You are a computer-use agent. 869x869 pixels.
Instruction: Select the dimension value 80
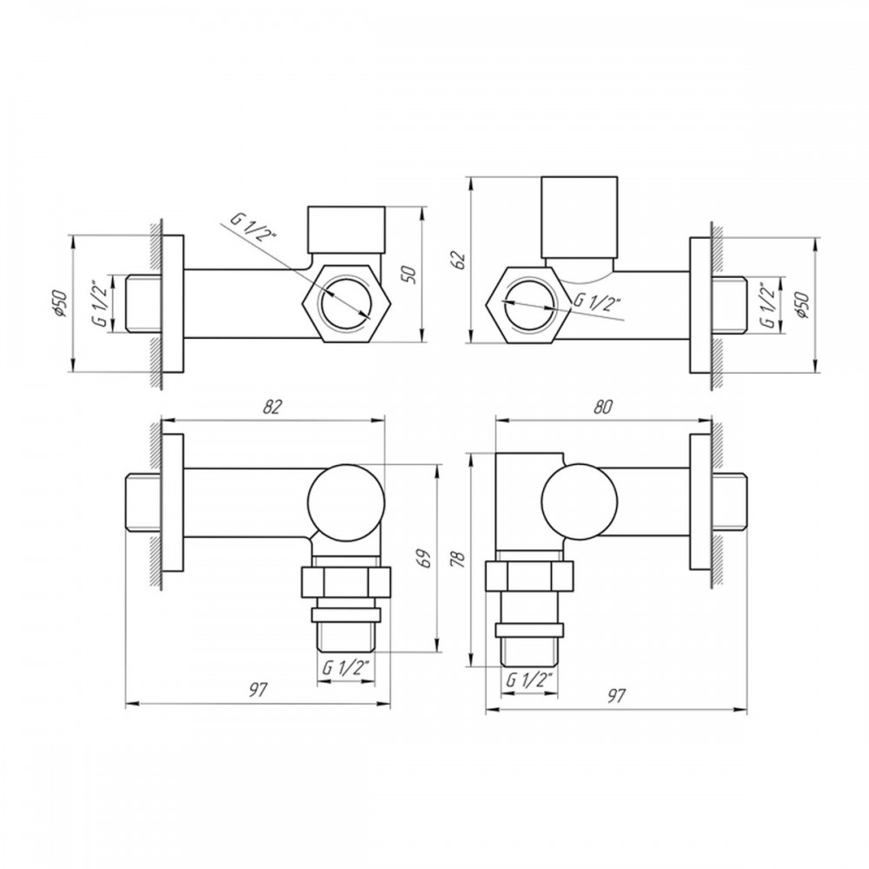coord(603,407)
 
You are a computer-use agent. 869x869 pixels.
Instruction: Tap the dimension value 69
coord(424,559)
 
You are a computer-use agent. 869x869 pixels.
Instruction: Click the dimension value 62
coord(460,259)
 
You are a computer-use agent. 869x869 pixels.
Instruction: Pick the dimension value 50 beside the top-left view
coord(411,275)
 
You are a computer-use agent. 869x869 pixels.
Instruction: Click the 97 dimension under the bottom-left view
coord(258,690)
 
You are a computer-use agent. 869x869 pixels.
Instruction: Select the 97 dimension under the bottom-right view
coord(616,695)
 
